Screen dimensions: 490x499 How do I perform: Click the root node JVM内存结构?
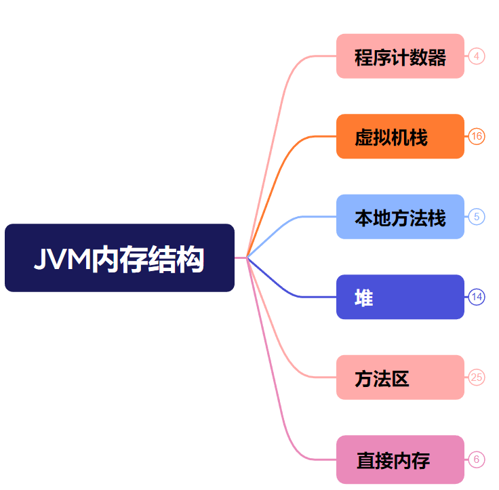(x=119, y=258)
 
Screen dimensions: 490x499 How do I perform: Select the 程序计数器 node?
(x=400, y=56)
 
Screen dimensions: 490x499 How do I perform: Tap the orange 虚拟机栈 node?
(x=400, y=136)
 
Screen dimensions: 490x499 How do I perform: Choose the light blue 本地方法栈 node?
(x=400, y=217)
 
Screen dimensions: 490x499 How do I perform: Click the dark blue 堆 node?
(x=400, y=297)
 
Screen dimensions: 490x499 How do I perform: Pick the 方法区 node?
(x=400, y=377)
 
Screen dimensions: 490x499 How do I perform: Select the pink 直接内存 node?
(x=400, y=460)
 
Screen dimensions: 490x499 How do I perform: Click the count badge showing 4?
(x=477, y=56)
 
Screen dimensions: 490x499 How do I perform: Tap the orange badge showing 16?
(x=477, y=136)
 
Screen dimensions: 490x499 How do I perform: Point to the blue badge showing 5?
(x=477, y=217)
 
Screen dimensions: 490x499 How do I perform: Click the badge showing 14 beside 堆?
(x=477, y=297)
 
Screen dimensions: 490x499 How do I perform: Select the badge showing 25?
(x=477, y=377)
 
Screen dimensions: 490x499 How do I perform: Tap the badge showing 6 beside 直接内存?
(x=477, y=460)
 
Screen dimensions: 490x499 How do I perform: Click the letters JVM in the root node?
(x=62, y=259)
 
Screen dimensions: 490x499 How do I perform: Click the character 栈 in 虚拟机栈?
(x=419, y=137)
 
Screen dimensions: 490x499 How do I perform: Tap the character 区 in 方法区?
(x=400, y=378)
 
